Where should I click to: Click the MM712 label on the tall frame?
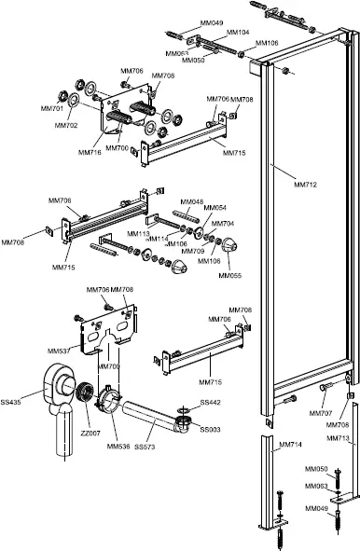[305, 185]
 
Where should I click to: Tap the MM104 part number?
[239, 33]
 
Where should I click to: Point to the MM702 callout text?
[65, 125]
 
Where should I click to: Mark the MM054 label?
[215, 208]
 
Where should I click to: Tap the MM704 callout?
[223, 224]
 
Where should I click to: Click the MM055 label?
[229, 275]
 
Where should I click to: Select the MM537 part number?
[59, 351]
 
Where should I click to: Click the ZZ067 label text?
[90, 434]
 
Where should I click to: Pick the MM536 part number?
[118, 447]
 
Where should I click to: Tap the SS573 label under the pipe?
[145, 448]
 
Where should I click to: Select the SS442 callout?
[210, 403]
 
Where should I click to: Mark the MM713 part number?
[339, 437]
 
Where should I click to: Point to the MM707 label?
[320, 412]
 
